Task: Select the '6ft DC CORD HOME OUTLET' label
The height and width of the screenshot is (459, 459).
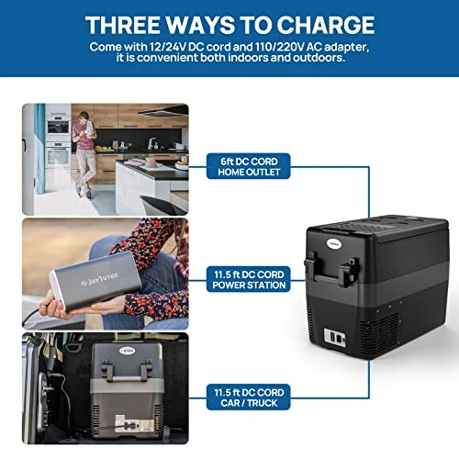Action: point(249,166)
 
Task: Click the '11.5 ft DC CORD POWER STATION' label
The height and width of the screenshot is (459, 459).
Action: point(249,279)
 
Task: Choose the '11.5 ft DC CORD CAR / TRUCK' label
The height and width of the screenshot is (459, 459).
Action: point(249,397)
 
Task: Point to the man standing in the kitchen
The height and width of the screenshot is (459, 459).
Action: point(84,154)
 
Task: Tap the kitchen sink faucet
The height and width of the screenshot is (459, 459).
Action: point(151,143)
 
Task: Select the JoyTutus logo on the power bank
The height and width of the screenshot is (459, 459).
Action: point(100,279)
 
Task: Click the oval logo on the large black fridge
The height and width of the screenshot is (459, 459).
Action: point(334,244)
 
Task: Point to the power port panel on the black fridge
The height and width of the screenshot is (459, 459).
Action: point(335,338)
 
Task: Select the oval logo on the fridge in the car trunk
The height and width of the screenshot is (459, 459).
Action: point(128,350)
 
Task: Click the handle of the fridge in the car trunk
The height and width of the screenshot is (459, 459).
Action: point(127,371)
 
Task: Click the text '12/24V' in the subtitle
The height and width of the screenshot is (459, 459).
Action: point(167,47)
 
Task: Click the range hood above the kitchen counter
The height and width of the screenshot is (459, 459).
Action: point(163,110)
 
